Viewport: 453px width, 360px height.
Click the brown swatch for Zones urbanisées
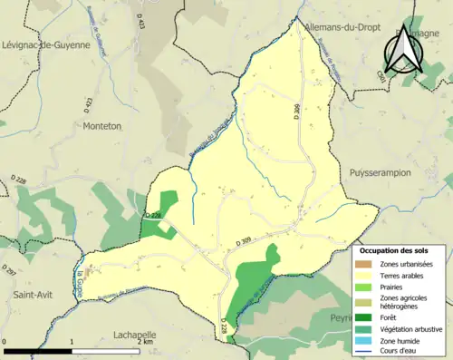pyautogui.click(x=366, y=263)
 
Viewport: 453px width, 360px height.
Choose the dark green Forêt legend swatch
pyautogui.click(x=366, y=317)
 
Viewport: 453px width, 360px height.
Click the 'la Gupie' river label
pyautogui.click(x=81, y=269)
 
